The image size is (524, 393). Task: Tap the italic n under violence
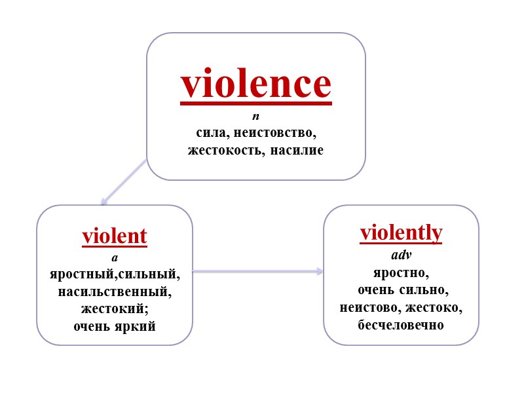pos(256,117)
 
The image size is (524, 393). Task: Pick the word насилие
pos(299,150)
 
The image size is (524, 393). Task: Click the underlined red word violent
pos(115,236)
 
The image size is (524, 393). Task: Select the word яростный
pos(77,274)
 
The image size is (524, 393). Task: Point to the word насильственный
pos(115,291)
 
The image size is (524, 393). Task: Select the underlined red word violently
pos(402,233)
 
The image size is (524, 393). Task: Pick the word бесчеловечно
pos(401,324)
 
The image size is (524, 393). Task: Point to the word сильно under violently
pos(425,290)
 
